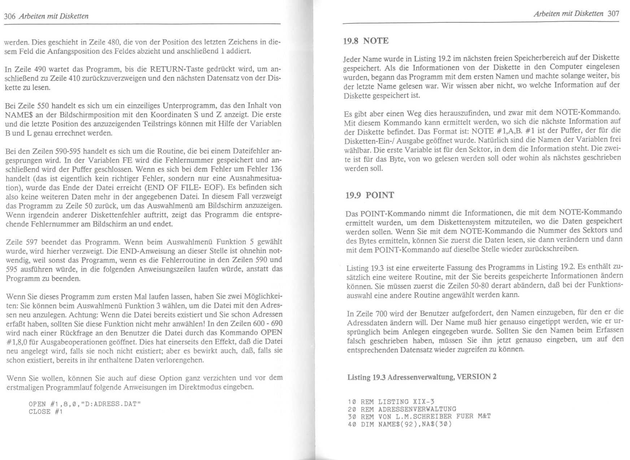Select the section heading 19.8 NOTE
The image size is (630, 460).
[x=365, y=41]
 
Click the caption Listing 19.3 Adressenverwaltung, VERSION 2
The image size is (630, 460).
[x=421, y=377]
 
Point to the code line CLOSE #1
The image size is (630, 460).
[x=45, y=412]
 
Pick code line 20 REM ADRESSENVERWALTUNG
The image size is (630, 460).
[x=402, y=409]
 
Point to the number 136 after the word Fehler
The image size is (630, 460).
[x=276, y=169]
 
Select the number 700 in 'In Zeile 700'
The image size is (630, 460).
[x=382, y=313]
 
